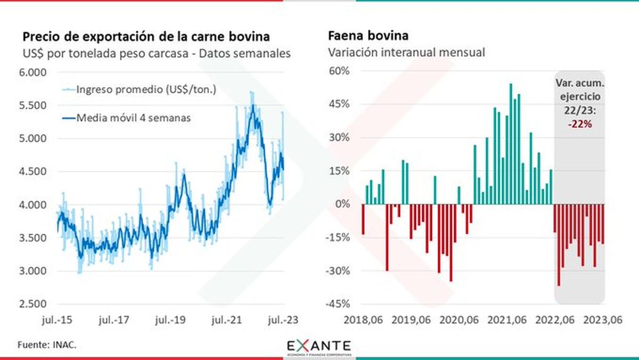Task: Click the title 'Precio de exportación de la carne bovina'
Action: tap(146, 37)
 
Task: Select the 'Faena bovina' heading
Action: tap(368, 37)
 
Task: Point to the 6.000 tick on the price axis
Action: tap(33, 72)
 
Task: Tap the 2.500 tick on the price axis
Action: tap(33, 304)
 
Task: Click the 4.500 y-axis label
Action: tap(33, 171)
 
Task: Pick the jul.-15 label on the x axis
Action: tap(57, 321)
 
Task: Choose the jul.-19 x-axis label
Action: tap(170, 321)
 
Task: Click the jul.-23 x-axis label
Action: tap(284, 321)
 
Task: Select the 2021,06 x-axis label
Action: tap(506, 321)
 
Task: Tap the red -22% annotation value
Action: tap(580, 124)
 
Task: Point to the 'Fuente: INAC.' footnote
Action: tap(47, 345)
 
